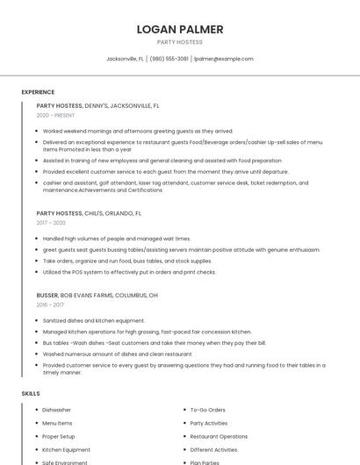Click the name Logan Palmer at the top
[x=180, y=29]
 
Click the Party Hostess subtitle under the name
[x=180, y=42]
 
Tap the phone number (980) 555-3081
[x=169, y=59]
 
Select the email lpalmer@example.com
[x=223, y=59]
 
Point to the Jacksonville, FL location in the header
[x=125, y=59]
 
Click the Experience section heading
[x=38, y=92]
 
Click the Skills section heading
[x=31, y=394]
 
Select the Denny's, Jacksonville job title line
[x=97, y=105]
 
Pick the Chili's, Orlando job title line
[x=89, y=213]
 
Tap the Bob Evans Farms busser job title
[x=97, y=296]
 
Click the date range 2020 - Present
[x=55, y=115]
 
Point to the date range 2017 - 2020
[x=51, y=223]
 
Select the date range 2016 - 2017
[x=50, y=305]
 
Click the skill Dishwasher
[x=56, y=410]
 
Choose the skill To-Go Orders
[x=207, y=410]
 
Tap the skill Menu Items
[x=57, y=423]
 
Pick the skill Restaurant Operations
[x=219, y=436]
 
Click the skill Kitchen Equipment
[x=66, y=449]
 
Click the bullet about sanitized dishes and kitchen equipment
[x=94, y=321]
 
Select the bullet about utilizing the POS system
[x=129, y=272]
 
